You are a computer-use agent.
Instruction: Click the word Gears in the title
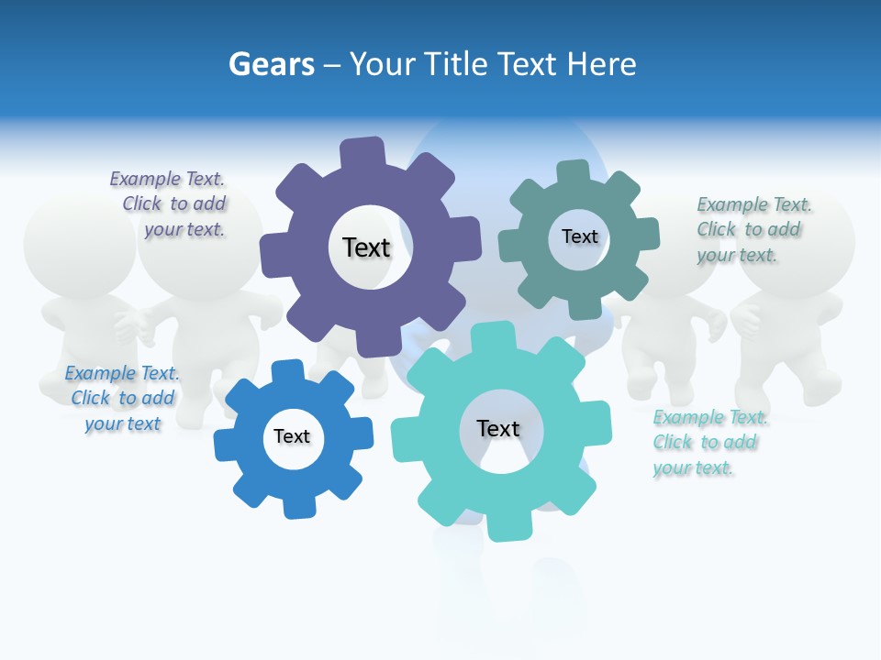(x=271, y=64)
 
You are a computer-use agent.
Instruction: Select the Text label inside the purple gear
(x=366, y=247)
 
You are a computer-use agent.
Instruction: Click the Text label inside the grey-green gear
(x=579, y=236)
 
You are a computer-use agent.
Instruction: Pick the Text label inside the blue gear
(x=292, y=436)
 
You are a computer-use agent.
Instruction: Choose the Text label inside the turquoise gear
(x=498, y=428)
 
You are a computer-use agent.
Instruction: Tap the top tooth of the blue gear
(x=288, y=371)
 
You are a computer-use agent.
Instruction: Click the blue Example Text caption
(x=122, y=398)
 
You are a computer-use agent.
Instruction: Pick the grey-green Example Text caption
(x=752, y=229)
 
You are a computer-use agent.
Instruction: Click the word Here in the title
(x=602, y=64)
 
